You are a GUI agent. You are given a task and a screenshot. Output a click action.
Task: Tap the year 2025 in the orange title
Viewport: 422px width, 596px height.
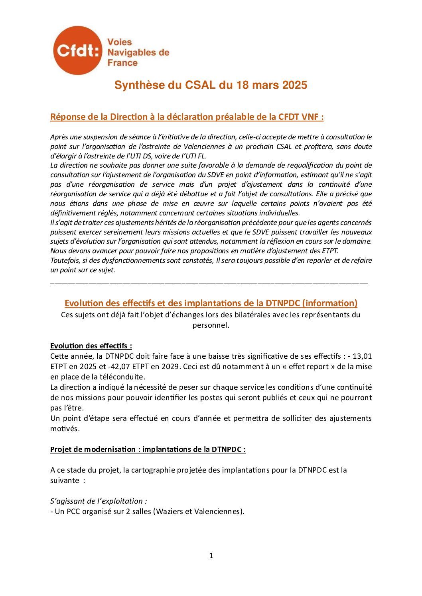tap(294, 85)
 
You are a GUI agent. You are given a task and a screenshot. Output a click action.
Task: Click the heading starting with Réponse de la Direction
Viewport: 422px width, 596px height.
tap(187, 117)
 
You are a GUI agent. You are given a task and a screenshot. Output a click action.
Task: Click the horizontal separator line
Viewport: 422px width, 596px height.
tap(209, 283)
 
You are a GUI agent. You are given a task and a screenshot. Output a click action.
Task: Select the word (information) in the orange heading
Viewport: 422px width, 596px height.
tap(329, 303)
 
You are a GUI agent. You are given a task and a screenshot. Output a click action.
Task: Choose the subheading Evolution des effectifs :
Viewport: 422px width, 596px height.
tap(91, 346)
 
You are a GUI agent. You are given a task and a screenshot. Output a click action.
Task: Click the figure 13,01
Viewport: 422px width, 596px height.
tap(362, 356)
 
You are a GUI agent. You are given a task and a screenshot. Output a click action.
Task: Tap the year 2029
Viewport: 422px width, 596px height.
tap(170, 366)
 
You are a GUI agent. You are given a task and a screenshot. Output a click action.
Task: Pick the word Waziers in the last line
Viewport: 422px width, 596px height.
tap(170, 511)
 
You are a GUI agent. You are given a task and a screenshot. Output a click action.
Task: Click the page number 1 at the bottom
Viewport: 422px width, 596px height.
tap(211, 556)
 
